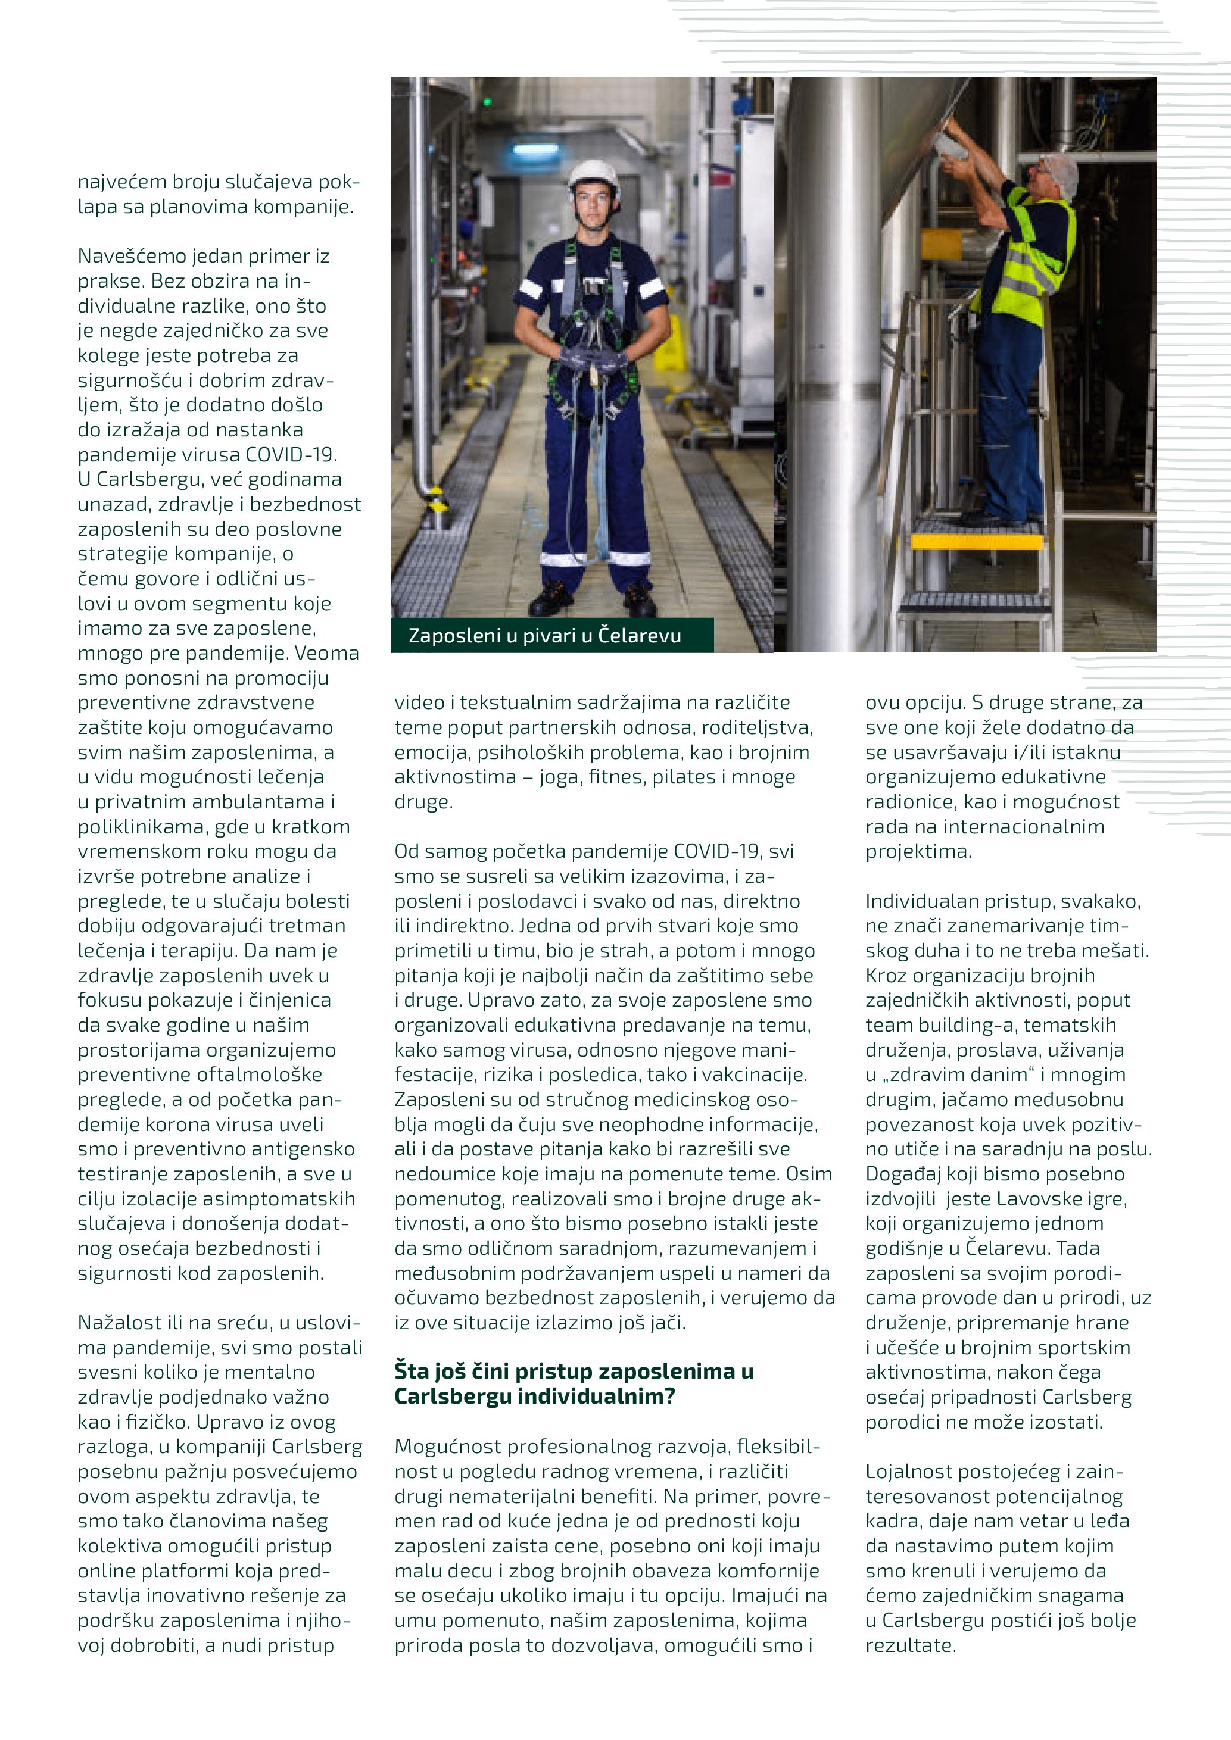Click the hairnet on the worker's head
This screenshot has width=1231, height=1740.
(x=1059, y=168)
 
